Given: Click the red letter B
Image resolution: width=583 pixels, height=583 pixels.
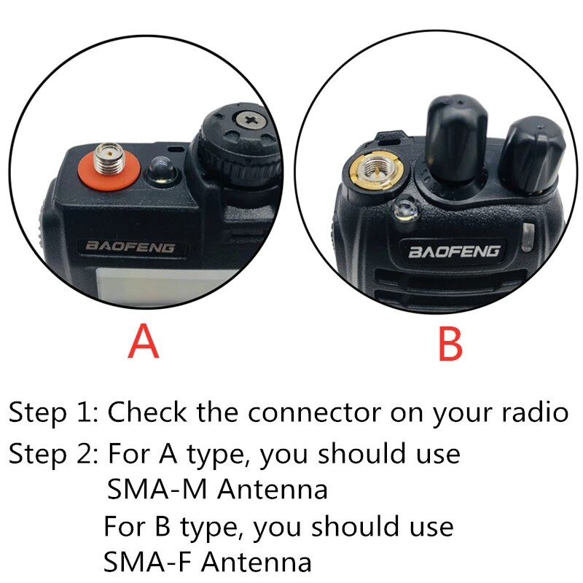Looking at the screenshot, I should point(450,343).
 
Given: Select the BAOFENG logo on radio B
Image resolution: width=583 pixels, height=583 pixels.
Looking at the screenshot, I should point(453,251).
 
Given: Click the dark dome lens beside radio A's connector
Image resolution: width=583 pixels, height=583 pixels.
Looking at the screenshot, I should point(162,172).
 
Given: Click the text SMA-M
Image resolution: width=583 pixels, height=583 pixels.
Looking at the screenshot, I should point(150,489).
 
